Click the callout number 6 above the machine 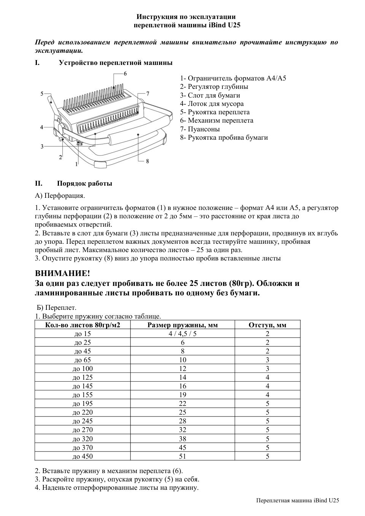coord(125,73)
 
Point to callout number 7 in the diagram coord(148,93)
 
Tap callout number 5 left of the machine coord(42,93)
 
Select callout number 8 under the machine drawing coord(147,161)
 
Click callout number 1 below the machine coord(76,164)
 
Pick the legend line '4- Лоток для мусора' coord(212,104)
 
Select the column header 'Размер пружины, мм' coord(182,325)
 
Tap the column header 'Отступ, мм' coord(267,325)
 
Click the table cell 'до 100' coord(83,369)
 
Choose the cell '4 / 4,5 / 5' coord(182,334)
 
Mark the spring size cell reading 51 coord(182,456)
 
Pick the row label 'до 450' coord(83,456)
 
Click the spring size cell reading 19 coord(182,395)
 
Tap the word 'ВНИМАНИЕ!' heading coord(62,273)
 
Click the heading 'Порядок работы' coord(84,184)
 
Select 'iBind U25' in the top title coord(225,25)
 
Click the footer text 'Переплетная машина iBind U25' coord(297,500)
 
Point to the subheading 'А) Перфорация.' coord(60,196)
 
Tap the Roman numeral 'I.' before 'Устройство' coord(37,63)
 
